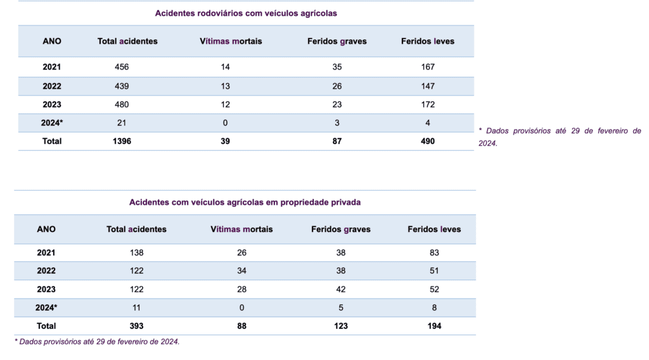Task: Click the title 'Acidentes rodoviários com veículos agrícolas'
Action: [x=246, y=13]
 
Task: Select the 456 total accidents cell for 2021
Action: [x=122, y=67]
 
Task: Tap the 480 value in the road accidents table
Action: [x=122, y=105]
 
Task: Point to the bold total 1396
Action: [x=122, y=141]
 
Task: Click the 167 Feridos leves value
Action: [x=428, y=67]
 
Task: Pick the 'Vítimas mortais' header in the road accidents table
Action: [x=231, y=41]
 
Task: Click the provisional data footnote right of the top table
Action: [x=560, y=137]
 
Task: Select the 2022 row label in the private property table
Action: [x=46, y=271]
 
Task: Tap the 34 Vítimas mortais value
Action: [x=241, y=271]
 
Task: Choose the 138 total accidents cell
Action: [x=137, y=253]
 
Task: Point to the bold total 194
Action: [x=434, y=326]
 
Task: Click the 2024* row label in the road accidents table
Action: [x=52, y=123]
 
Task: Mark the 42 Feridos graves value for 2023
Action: [x=340, y=290]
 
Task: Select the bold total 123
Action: [x=340, y=326]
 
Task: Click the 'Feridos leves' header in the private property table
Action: [x=434, y=229]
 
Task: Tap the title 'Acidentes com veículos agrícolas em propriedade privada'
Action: [x=245, y=202]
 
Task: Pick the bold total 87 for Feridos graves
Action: [x=337, y=141]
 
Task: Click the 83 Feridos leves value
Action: [x=434, y=253]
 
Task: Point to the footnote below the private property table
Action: [x=97, y=342]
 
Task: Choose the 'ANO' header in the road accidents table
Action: [x=52, y=41]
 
